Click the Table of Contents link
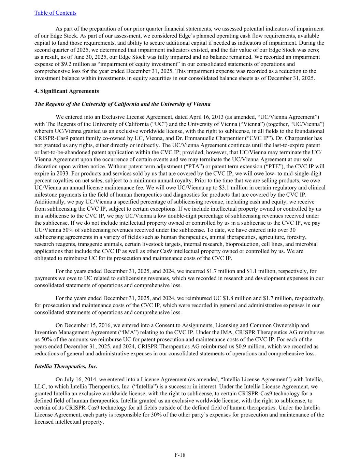55,13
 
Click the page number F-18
180,455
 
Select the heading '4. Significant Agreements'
67,91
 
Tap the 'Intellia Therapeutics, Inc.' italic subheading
66,366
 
